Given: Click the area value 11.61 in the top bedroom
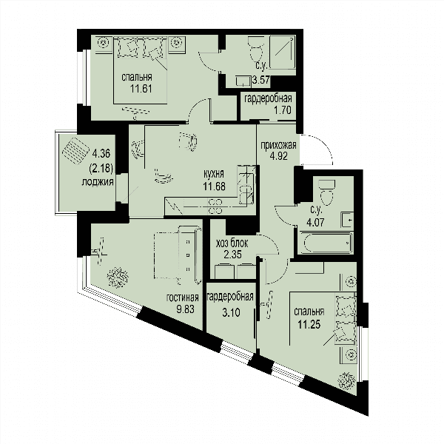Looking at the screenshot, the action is coord(141,89).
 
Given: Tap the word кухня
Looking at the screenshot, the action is coord(214,174).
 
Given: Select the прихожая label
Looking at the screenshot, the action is coord(279,145).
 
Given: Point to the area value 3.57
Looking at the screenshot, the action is coord(261,80).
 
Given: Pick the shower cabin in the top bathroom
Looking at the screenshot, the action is coord(283,52).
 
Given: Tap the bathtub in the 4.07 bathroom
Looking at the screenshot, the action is coord(326,243).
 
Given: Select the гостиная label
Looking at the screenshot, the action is coord(183,297).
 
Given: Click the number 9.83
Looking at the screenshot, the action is coord(185,309).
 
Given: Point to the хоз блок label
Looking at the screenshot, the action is coord(232,243).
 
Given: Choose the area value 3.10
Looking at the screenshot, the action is coord(232,312).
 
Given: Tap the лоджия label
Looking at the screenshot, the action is coord(98,182).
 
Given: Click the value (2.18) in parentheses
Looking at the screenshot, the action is coord(101,169).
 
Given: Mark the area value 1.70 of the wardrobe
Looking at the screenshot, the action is coord(282,110).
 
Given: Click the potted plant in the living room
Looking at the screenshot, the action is coord(118,277).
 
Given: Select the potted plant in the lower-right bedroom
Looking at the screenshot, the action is coord(346,381).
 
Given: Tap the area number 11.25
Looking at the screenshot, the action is coord(309,324).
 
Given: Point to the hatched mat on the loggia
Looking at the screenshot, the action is coord(75,151).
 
